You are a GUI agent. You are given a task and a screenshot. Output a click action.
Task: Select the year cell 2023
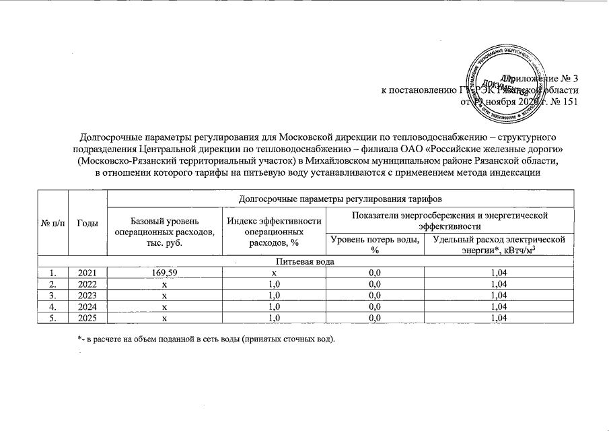[x=87, y=294]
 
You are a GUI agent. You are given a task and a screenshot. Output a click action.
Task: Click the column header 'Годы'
[x=87, y=224]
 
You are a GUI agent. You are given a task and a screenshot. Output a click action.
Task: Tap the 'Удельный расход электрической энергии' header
[x=498, y=245]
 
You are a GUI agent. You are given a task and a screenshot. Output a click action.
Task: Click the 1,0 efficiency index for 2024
[x=273, y=306]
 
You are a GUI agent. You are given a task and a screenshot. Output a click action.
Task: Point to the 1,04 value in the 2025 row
[x=498, y=317]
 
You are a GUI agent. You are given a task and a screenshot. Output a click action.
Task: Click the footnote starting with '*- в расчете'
[x=206, y=337]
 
